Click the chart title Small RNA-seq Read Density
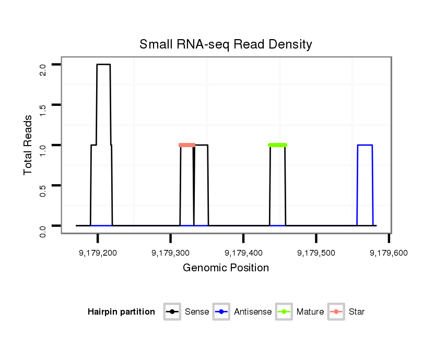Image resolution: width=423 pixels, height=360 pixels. click(226, 44)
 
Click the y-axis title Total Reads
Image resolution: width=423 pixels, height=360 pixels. click(29, 145)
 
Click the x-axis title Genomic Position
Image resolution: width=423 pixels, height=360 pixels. click(226, 268)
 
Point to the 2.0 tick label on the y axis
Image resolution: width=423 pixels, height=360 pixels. click(43, 69)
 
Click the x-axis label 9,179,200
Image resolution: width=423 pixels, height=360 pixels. click(98, 253)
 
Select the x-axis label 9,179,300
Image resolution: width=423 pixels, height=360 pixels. click(170, 253)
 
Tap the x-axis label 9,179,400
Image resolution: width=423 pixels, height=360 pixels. click(243, 253)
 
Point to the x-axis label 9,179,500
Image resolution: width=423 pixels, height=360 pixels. click(316, 253)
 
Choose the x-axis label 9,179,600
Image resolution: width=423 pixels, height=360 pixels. click(389, 253)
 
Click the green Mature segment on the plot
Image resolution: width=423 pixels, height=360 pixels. click(277, 145)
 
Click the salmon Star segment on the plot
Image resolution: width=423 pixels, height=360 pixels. click(187, 145)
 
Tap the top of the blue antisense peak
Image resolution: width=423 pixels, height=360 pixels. click(365, 145)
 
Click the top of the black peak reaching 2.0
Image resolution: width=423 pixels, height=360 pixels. click(103, 65)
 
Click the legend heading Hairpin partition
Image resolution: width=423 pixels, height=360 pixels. click(121, 312)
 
